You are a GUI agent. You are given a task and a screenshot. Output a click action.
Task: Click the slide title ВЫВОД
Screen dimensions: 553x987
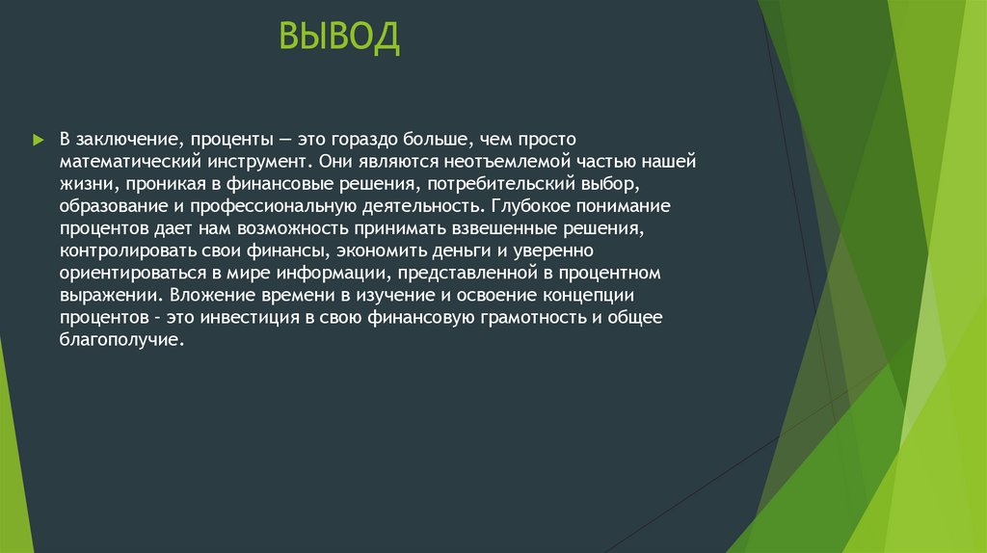coord(338,39)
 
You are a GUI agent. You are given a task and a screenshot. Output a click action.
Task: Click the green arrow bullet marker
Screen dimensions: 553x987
coord(38,141)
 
